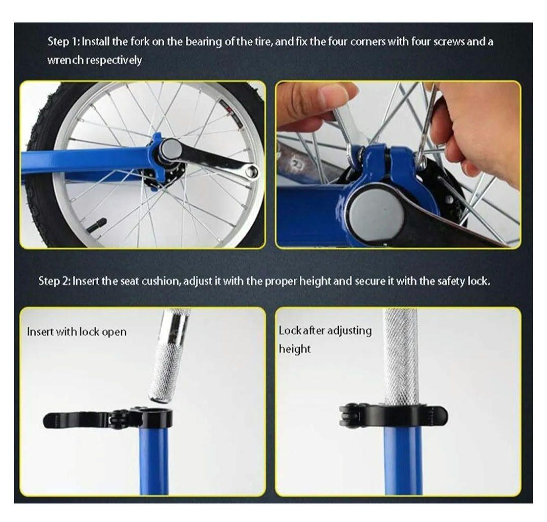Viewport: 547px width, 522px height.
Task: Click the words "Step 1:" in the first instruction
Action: [x=64, y=42]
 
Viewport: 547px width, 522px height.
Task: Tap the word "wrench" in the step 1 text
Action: [x=65, y=60]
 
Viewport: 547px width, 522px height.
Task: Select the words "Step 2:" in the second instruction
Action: [x=55, y=281]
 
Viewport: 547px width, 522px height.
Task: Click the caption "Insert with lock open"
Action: [x=77, y=332]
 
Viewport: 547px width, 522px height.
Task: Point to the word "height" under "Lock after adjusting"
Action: [x=294, y=349]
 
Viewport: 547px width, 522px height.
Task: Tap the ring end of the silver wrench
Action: [x=252, y=171]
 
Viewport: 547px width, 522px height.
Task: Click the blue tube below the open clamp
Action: [x=154, y=460]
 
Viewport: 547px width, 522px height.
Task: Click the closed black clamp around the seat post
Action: [x=394, y=415]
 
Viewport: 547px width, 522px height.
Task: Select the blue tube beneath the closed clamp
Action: [x=403, y=460]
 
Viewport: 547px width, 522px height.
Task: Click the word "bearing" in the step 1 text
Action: [x=204, y=42]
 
